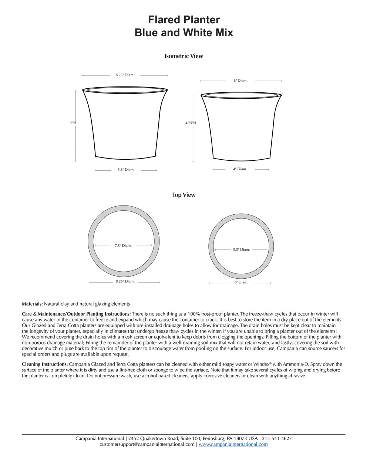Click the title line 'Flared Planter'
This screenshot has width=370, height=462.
click(184, 20)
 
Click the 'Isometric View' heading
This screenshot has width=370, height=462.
click(184, 56)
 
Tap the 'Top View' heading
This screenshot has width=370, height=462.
click(184, 195)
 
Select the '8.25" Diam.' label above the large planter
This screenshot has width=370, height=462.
click(125, 75)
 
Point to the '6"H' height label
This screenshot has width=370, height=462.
click(73, 123)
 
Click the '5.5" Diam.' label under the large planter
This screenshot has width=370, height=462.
click(126, 170)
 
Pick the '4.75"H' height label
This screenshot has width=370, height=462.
click(191, 123)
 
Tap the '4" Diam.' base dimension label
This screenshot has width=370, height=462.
click(240, 169)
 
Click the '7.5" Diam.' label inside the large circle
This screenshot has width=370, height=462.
click(123, 245)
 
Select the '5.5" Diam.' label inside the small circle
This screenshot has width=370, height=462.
click(241, 249)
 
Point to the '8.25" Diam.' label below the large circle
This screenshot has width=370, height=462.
click(125, 281)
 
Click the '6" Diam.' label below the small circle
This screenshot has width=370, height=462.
click(241, 282)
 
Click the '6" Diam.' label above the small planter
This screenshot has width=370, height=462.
click(240, 81)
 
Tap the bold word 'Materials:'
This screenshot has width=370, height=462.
click(32, 304)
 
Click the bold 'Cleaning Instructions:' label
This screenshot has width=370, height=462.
click(45, 364)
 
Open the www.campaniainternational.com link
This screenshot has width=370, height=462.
click(233, 444)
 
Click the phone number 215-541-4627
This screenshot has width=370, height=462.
click(277, 439)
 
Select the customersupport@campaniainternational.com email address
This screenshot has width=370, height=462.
click(147, 444)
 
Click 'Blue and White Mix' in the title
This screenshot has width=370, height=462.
click(184, 33)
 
